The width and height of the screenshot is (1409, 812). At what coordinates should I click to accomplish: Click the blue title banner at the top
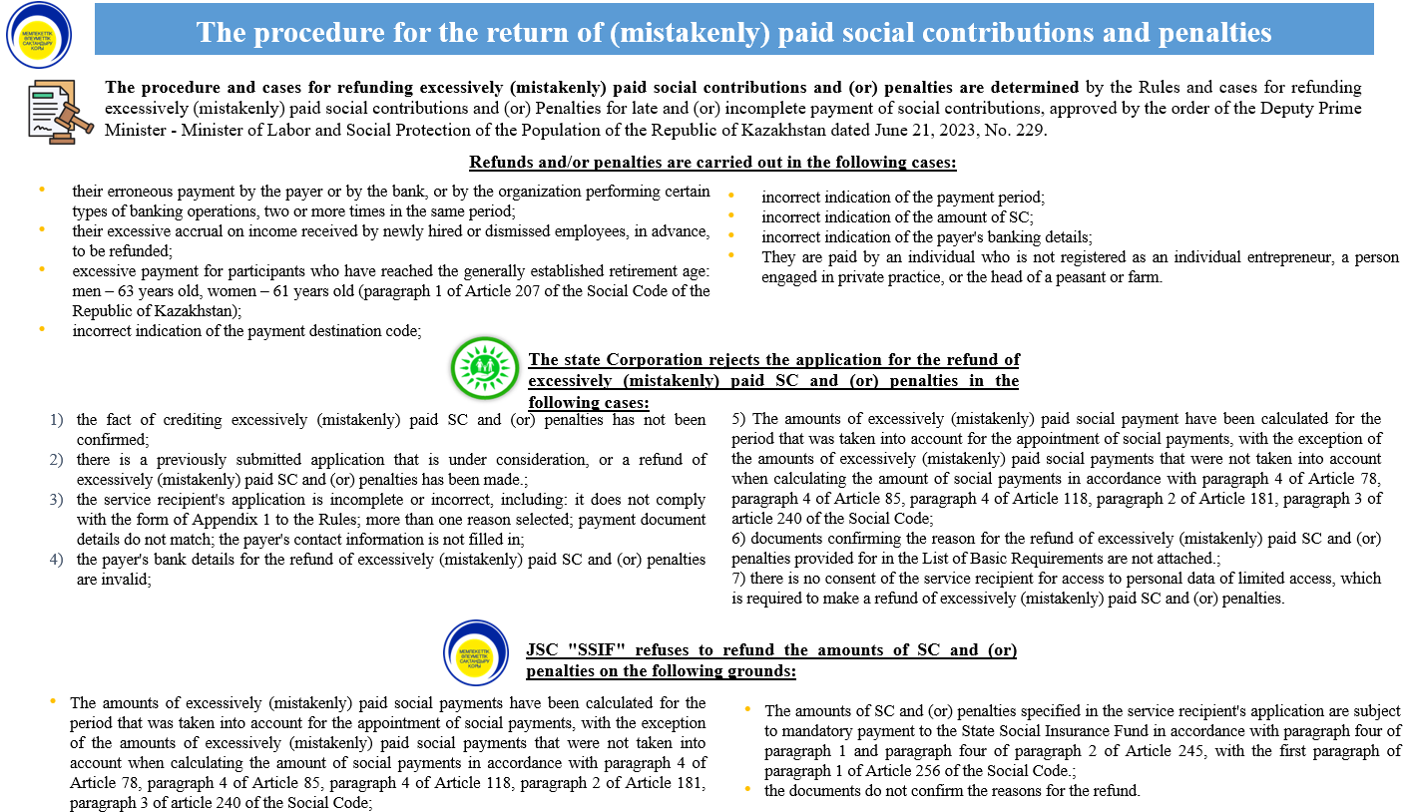(x=733, y=32)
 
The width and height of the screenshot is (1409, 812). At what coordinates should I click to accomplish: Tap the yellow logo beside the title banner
(x=39, y=35)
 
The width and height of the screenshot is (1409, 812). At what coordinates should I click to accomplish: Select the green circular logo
(x=485, y=368)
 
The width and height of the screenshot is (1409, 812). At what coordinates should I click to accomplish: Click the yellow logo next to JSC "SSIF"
(x=476, y=652)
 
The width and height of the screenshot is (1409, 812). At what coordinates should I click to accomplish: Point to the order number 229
(x=1028, y=129)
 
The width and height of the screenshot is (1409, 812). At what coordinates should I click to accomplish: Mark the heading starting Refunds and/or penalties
(x=712, y=163)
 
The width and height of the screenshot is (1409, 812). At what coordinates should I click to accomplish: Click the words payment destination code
(x=319, y=330)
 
